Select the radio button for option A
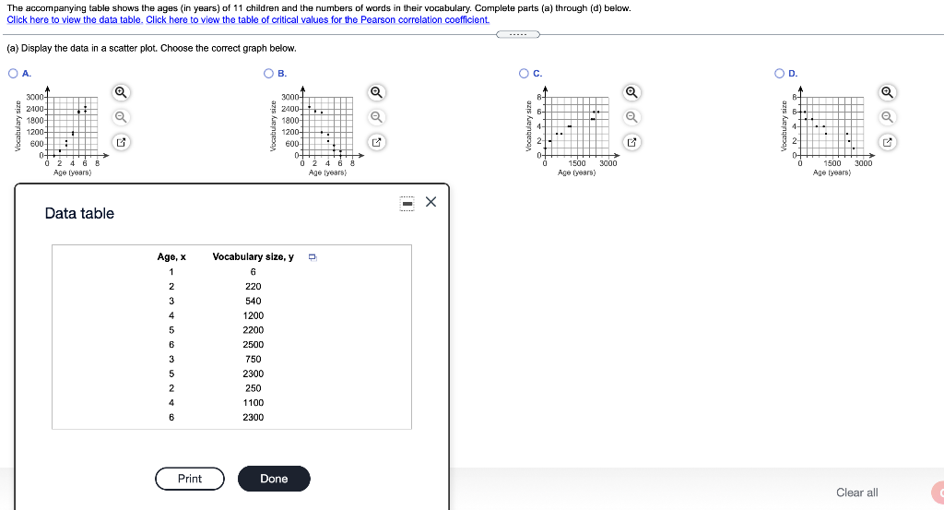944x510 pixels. click(x=13, y=74)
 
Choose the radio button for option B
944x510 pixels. click(x=268, y=74)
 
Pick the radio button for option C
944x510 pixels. click(x=524, y=74)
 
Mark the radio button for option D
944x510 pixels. click(x=780, y=74)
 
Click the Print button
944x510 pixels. click(x=190, y=479)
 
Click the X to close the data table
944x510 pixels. click(x=431, y=202)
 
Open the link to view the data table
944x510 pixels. click(x=75, y=19)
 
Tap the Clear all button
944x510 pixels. click(x=856, y=492)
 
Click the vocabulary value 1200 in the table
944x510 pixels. click(x=254, y=315)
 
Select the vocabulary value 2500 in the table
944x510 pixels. click(x=254, y=344)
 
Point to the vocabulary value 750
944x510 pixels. click(x=254, y=359)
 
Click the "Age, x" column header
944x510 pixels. click(x=171, y=256)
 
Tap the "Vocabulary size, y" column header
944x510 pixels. click(x=254, y=256)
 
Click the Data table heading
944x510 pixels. click(x=79, y=213)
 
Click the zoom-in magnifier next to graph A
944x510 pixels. click(x=121, y=91)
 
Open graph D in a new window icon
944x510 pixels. click(x=887, y=142)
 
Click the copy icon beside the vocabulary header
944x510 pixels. click(x=312, y=256)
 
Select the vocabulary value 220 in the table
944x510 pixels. click(x=254, y=286)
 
